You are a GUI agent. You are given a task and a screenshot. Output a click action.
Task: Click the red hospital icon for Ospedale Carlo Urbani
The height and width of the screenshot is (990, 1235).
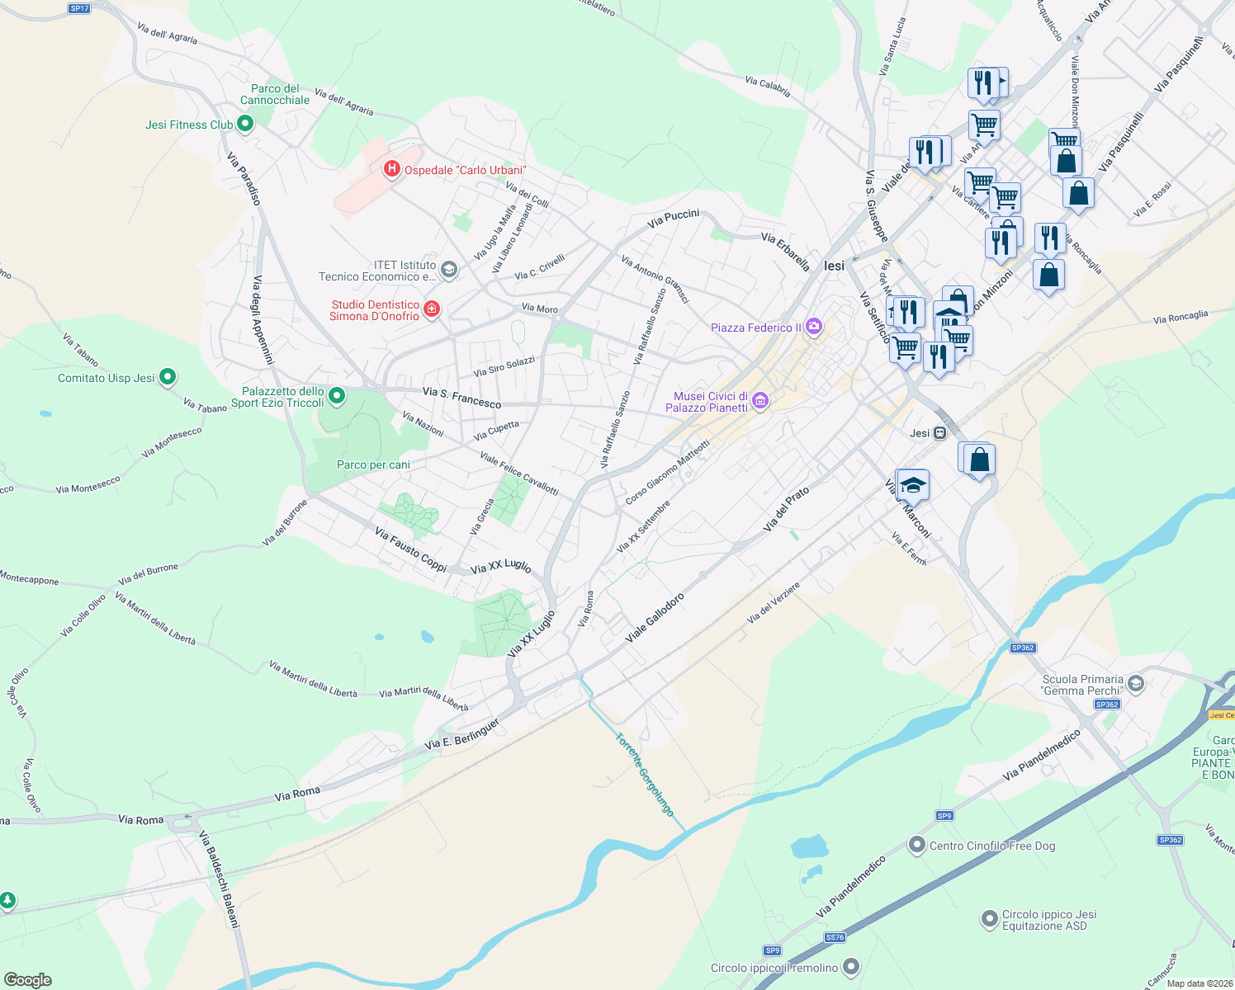pos(393,170)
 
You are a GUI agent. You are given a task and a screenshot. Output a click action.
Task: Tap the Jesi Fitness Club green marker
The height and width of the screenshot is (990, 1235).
pos(244,125)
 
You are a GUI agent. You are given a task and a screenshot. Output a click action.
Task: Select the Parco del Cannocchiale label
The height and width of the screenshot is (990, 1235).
pos(275,94)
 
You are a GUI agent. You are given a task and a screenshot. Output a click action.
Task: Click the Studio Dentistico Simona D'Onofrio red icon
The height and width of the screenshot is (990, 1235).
pos(431,309)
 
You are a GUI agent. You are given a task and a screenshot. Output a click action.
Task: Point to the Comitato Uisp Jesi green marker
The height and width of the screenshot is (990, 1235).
pos(168,378)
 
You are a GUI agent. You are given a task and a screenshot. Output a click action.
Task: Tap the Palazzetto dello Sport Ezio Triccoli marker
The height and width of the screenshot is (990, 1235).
pos(337,397)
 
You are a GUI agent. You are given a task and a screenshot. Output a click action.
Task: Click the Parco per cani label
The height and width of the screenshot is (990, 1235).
pos(373,464)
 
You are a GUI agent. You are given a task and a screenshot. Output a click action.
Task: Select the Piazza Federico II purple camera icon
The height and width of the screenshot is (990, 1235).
pos(815,327)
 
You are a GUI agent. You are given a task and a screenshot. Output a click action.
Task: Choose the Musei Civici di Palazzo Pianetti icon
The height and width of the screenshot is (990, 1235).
pos(761,402)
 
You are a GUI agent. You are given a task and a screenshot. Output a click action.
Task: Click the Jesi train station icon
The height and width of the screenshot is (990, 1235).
pos(939,433)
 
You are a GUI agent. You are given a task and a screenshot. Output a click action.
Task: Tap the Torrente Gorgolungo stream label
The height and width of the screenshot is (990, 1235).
pos(645,774)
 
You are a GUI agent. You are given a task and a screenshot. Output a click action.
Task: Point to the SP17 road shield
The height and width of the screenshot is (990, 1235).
pos(79,8)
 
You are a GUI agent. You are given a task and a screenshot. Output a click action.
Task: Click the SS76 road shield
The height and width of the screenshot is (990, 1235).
pos(835,937)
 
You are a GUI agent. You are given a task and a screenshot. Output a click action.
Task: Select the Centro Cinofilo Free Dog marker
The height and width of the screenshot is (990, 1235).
pos(916,845)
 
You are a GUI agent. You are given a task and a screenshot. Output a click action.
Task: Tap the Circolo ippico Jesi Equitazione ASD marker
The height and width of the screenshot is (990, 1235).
pos(989,919)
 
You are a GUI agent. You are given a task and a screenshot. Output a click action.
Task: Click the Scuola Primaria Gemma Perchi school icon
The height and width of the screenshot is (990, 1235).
pos(1136,683)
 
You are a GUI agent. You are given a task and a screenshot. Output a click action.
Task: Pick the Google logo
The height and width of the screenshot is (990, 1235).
pos(28,980)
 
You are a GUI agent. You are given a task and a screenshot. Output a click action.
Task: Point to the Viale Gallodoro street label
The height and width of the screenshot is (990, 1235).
pos(655,617)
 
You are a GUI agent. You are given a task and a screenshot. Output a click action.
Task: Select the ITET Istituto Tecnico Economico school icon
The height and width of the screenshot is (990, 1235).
pos(448,270)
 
